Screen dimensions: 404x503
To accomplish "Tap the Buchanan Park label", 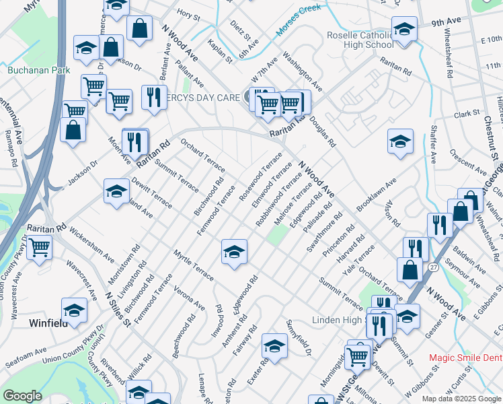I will coord(30,69).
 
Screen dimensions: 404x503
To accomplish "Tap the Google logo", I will coord(22,396).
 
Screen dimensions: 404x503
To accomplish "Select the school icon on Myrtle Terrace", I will coord(234,252).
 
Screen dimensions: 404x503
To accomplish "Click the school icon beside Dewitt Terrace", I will coord(116,191).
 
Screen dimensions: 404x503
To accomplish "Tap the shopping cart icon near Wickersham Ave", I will coord(40,247).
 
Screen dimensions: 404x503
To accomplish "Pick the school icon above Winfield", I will coord(74,310).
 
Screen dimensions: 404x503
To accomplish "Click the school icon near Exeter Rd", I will coord(274,346).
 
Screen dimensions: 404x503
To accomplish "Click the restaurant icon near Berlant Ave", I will coord(154,98).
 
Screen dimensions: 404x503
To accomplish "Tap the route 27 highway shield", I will coord(434,268).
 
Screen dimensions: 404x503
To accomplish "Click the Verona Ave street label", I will coord(189,297).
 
